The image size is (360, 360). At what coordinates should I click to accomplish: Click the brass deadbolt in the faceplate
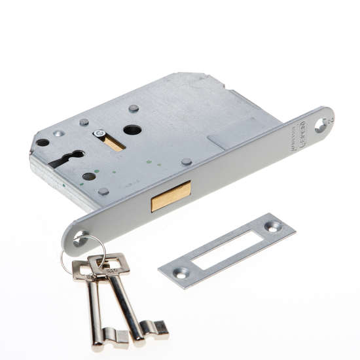[x=171, y=196]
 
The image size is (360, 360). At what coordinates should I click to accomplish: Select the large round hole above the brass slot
[x=132, y=130]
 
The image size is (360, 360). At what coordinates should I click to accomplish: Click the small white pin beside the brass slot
[x=99, y=134]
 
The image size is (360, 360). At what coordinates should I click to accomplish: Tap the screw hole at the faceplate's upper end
[x=321, y=123]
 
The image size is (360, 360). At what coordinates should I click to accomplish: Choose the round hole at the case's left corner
[x=43, y=142]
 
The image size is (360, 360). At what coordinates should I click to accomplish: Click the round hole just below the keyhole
[x=89, y=176]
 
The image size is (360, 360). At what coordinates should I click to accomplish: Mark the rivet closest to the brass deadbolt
[x=187, y=162]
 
